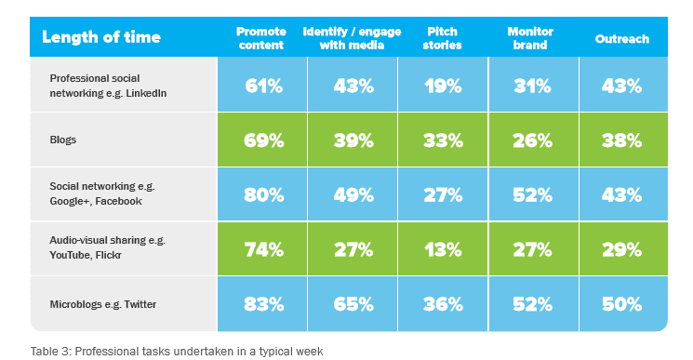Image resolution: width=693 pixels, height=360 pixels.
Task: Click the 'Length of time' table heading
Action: point(101,37)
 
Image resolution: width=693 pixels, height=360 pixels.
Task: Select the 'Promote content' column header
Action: point(262,38)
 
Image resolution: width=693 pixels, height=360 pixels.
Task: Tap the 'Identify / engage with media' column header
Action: point(353,38)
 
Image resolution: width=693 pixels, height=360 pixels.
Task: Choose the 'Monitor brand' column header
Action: point(530,38)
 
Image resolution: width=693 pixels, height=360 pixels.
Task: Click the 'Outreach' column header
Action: point(621,39)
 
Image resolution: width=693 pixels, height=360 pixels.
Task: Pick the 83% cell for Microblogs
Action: point(264,304)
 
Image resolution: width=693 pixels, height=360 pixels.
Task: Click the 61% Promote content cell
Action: point(264,86)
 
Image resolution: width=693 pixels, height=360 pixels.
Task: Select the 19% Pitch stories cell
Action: point(443,86)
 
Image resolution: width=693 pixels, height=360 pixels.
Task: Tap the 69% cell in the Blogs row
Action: point(264,140)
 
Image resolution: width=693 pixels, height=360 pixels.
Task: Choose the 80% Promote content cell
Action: point(264,194)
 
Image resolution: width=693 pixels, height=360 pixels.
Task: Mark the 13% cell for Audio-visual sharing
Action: point(443,249)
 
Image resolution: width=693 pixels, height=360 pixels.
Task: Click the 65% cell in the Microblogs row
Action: point(353,304)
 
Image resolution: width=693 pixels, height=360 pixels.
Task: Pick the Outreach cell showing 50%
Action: point(621,304)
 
